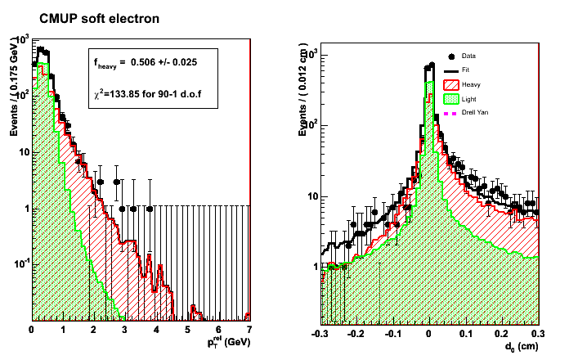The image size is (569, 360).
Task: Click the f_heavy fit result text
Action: point(143,62)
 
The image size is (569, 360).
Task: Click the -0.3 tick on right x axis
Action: point(321,335)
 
